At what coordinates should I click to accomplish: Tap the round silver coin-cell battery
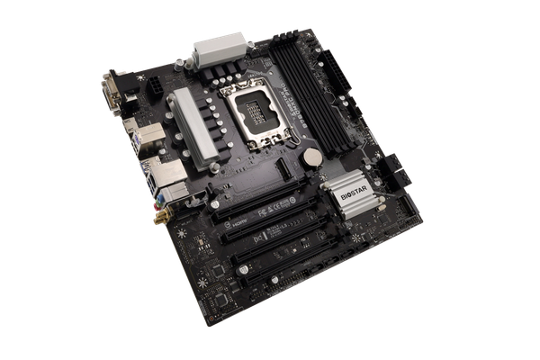tap(310, 157)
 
